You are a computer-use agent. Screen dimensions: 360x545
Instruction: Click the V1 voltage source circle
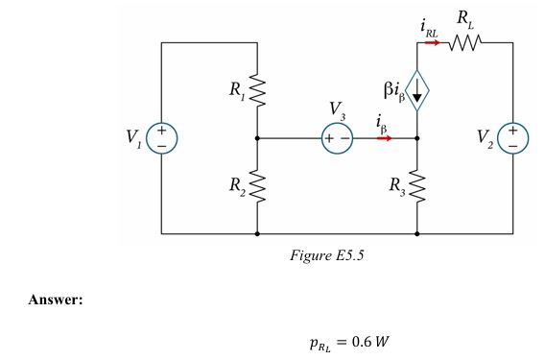click(161, 138)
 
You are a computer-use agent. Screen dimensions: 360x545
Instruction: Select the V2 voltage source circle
click(514, 138)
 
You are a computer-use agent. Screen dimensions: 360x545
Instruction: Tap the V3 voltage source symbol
click(337, 138)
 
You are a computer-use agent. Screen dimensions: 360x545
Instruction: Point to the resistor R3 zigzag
click(418, 185)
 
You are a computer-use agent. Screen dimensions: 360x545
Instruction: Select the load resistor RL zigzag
click(465, 43)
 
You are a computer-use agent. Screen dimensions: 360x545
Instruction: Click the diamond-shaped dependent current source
click(418, 91)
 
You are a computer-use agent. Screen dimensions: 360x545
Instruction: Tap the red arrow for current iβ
click(384, 138)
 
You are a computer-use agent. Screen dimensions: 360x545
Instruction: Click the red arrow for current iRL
click(432, 43)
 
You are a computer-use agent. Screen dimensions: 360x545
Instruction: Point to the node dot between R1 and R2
click(257, 138)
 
